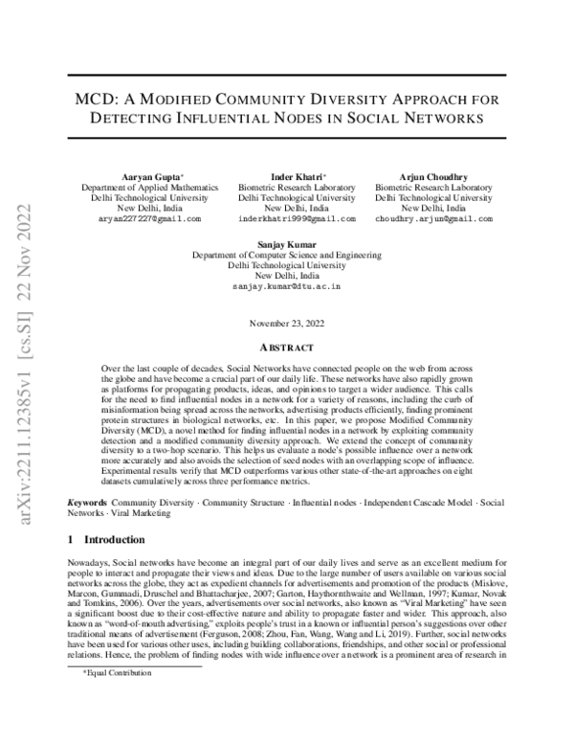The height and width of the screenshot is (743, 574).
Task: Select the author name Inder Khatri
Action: tap(296, 176)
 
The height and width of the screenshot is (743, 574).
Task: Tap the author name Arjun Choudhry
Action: tap(433, 176)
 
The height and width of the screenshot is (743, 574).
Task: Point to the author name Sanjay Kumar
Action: tap(287, 244)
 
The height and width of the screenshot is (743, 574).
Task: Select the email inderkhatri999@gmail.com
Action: tap(297, 218)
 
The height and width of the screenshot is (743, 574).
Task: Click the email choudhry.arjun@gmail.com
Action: tap(433, 218)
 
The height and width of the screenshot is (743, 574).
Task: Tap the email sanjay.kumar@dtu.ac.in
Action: tap(287, 286)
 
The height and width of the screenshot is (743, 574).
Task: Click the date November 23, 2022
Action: tap(287, 324)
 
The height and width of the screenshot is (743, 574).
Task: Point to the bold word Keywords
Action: tap(88, 503)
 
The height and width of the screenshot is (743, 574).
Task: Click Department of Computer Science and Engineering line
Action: tap(287, 255)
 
